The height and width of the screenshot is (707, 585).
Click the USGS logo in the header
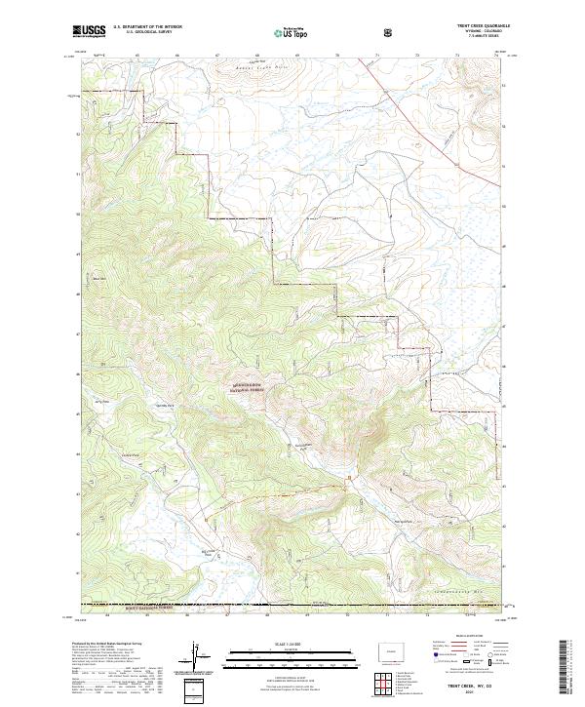click(89, 31)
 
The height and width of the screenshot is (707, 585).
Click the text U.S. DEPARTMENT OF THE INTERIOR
click(146, 27)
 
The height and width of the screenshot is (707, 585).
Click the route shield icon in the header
click(388, 31)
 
